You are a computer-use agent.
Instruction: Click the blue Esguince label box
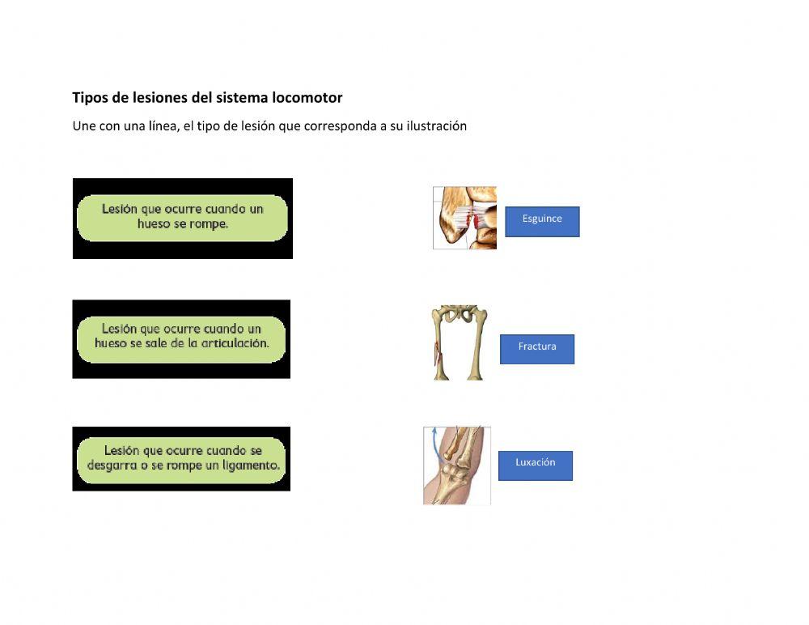[542, 221]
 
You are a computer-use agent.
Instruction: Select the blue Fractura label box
[537, 349]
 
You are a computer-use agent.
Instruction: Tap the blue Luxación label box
[536, 466]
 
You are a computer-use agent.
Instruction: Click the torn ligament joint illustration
[464, 218]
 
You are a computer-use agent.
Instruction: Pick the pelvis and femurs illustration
[457, 342]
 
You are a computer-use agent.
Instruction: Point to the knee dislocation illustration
[456, 466]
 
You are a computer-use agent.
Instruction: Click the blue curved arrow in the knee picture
[433, 441]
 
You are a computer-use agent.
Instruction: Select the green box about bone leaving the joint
[181, 338]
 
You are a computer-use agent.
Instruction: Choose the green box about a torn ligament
[182, 458]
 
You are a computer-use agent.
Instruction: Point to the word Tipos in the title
[89, 98]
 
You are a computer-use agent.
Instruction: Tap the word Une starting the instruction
[84, 126]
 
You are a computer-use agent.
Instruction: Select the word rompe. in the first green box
[209, 224]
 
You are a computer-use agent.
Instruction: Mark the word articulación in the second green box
[235, 343]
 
